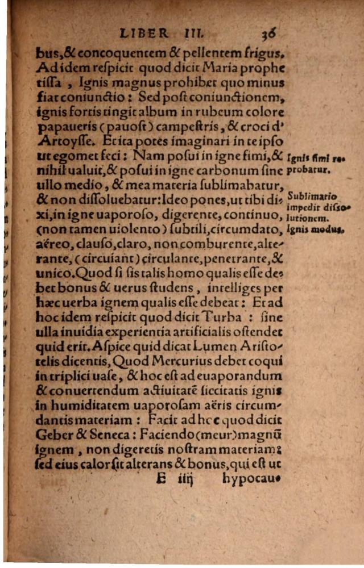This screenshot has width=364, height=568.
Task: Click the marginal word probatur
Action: pyautogui.click(x=310, y=169)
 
